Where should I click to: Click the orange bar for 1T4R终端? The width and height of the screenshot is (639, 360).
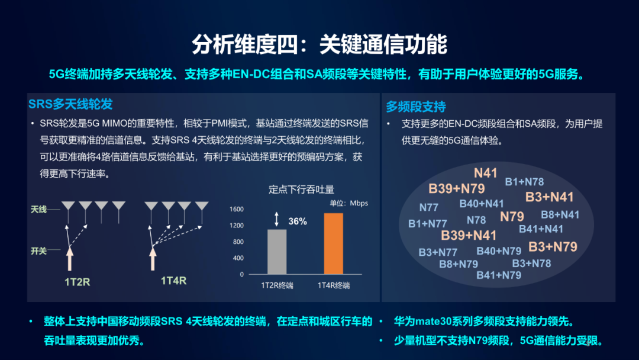(334, 243)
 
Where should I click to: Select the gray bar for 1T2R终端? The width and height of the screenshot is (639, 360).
(277, 252)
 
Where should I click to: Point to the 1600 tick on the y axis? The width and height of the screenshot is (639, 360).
(237, 210)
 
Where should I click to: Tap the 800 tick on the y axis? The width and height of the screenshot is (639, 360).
(237, 242)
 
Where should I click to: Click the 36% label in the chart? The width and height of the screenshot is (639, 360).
(297, 221)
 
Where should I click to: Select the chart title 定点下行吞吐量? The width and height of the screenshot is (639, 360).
(301, 189)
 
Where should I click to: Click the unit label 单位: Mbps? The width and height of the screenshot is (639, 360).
(348, 203)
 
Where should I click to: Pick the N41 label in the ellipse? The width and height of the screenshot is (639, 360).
(486, 173)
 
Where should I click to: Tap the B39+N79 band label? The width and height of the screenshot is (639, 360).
(457, 188)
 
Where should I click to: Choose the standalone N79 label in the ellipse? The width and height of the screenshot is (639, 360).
(512, 216)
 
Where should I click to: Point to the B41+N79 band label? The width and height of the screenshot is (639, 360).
(499, 275)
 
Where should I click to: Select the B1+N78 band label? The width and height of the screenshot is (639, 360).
(524, 182)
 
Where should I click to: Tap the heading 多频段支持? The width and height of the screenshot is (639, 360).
(416, 107)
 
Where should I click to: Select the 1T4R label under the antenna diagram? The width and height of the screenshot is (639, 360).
(173, 280)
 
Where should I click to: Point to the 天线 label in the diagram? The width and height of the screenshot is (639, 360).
(39, 209)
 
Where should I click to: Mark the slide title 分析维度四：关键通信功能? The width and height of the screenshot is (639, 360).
(319, 44)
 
